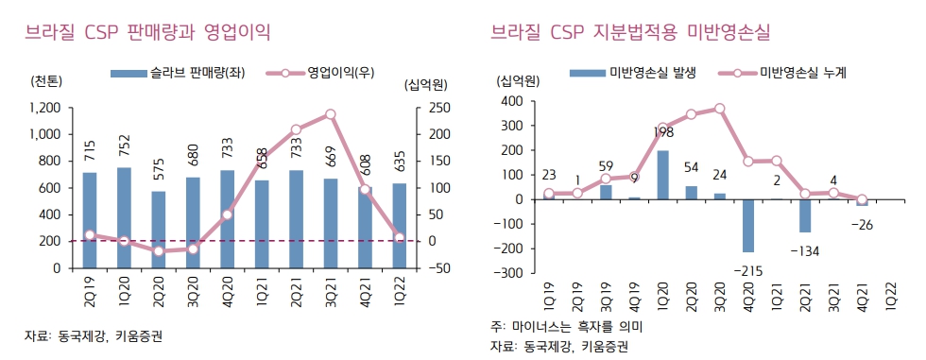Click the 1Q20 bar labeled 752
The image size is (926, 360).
pyautogui.click(x=124, y=217)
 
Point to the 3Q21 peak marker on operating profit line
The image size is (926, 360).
pyautogui.click(x=331, y=114)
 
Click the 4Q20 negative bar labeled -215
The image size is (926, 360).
pyautogui.click(x=748, y=225)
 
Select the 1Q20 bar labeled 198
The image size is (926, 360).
pyautogui.click(x=662, y=175)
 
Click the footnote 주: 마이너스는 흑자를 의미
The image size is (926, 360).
pyautogui.click(x=565, y=326)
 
